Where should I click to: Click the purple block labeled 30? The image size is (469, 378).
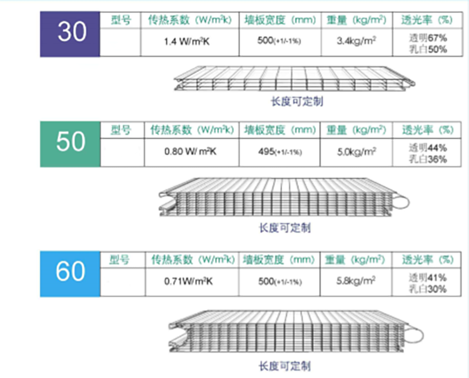tap(70, 34)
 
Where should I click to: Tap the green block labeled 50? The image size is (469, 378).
tap(70, 145)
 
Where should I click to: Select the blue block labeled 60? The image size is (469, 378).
tap(70, 274)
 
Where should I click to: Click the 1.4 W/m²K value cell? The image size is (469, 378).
tap(186, 41)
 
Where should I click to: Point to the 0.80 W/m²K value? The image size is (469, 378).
tap(190, 151)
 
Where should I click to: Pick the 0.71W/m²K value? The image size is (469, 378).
tap(188, 282)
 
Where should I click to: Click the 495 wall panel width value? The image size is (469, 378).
tap(280, 152)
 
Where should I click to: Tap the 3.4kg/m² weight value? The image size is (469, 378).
tap(356, 41)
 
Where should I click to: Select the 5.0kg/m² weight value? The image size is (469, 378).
tap(356, 151)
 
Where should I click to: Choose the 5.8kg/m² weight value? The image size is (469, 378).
tap(356, 281)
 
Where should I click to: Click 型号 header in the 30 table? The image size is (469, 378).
tap(121, 20)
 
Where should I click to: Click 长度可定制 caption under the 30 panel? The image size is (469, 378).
tap(297, 101)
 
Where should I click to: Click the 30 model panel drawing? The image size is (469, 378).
tap(295, 78)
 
